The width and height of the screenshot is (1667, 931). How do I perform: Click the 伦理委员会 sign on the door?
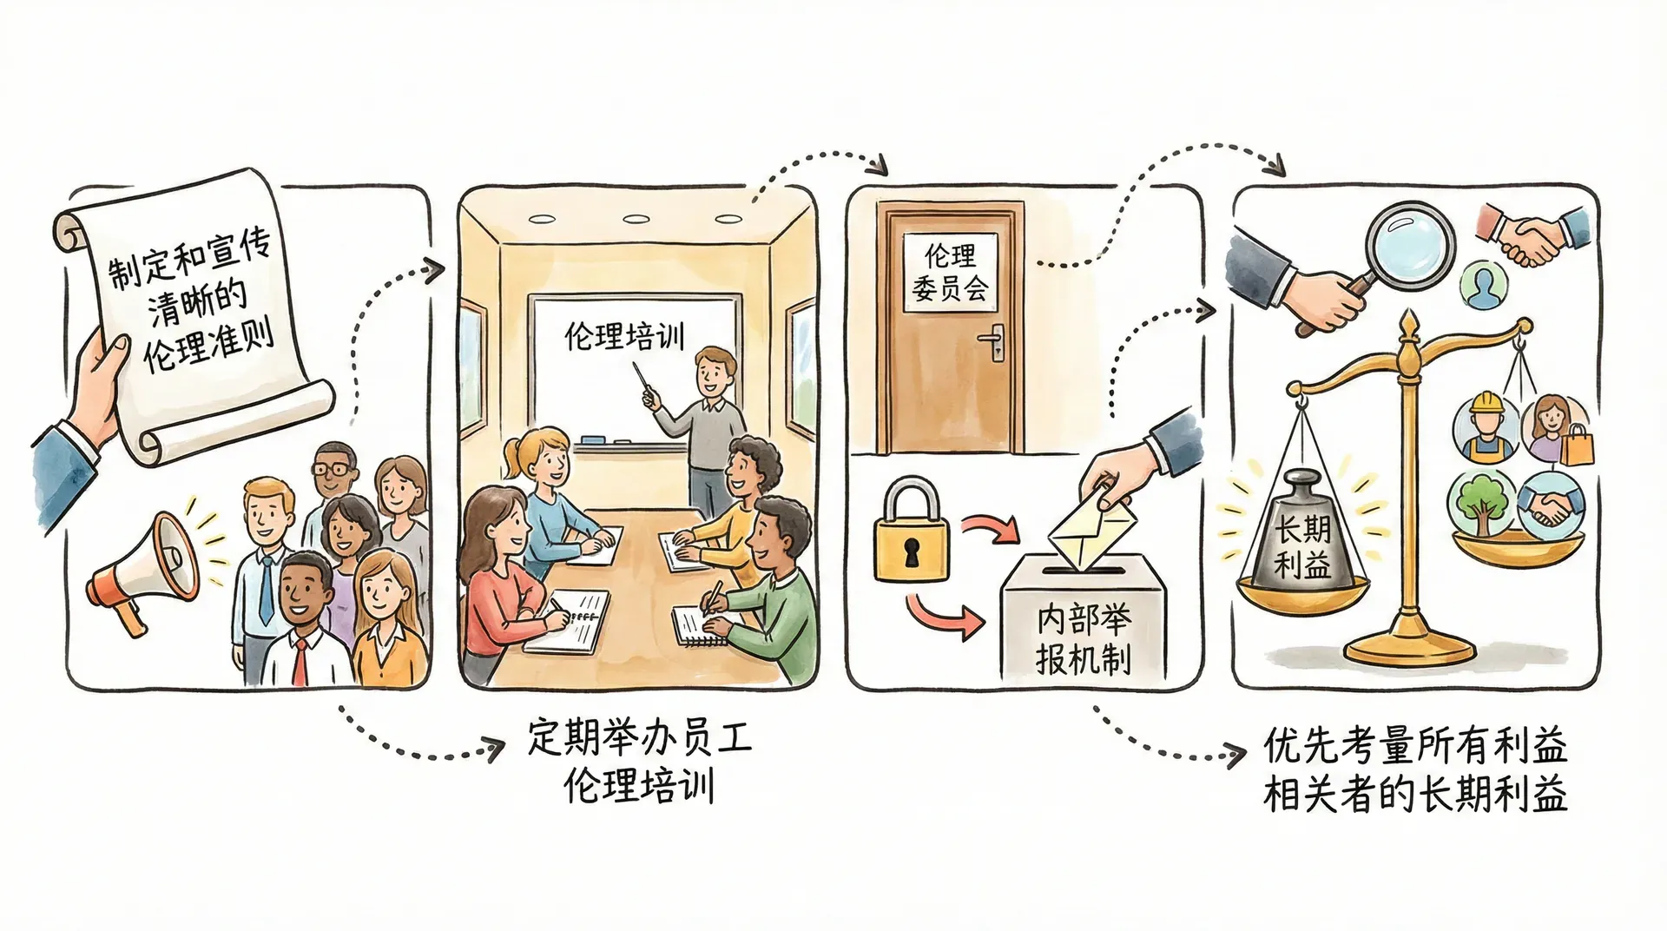coord(951,272)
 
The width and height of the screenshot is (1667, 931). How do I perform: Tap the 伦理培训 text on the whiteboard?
coord(624,335)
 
